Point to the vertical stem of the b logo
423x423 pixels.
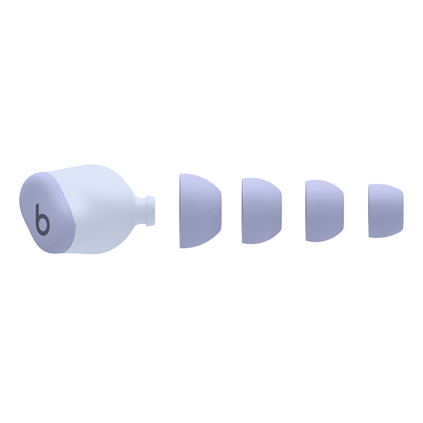(37, 214)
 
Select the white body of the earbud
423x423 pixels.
(100, 211)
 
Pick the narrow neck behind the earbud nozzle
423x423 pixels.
(141, 211)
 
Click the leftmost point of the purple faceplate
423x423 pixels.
(20, 202)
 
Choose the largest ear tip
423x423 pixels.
(200, 211)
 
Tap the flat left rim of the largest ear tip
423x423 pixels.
(180, 211)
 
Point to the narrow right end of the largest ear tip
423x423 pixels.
(220, 211)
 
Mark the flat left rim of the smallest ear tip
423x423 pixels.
(369, 211)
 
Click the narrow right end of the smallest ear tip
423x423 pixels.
(402, 211)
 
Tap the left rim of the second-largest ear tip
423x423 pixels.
(243, 211)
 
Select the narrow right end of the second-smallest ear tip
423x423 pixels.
(344, 211)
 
